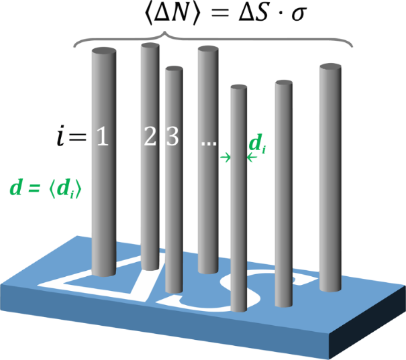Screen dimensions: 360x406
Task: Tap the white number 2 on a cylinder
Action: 150,137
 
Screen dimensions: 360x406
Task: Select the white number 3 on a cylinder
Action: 172,137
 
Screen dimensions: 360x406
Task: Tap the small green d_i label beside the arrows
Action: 256,143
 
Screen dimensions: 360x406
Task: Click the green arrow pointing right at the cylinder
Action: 226,158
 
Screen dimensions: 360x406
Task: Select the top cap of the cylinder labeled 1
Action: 103,52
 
